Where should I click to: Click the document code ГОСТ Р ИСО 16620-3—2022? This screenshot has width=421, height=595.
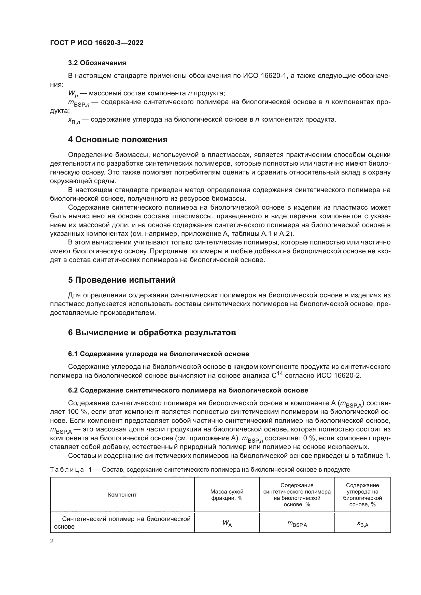[x=97, y=43]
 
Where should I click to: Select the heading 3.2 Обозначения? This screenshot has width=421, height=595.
[x=97, y=63]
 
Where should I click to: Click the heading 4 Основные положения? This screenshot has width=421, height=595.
[x=118, y=139]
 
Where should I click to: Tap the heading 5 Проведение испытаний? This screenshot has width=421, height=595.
[x=122, y=280]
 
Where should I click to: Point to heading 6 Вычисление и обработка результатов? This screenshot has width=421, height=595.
[x=152, y=332]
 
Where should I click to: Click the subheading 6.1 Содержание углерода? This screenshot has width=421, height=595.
[x=158, y=354]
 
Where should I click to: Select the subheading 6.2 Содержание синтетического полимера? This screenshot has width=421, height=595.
[x=188, y=390]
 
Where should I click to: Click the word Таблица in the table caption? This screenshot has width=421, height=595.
[x=67, y=470]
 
